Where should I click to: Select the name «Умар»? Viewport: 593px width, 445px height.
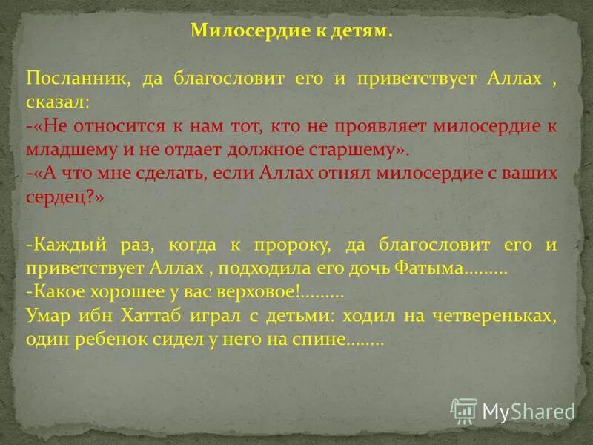pyautogui.click(x=47, y=316)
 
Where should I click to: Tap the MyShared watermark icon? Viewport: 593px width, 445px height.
pyautogui.click(x=463, y=410)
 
